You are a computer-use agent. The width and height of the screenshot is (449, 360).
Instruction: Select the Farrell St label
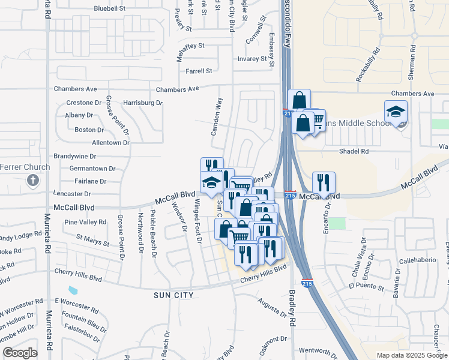coord(199,71)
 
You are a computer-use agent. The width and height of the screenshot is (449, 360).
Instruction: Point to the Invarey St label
coord(252,59)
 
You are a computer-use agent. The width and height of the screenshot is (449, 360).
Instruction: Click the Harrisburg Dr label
coord(143,103)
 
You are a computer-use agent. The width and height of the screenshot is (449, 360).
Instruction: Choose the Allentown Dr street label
coord(110,143)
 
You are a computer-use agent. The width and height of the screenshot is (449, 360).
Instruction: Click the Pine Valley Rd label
coord(85,222)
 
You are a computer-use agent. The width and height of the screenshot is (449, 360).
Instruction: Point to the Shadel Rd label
coord(354,152)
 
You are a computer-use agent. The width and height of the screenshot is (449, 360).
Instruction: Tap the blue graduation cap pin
coord(211,183)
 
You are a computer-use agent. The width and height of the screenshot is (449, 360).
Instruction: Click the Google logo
coord(20,353)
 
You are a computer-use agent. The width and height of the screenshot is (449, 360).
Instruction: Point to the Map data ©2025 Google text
coord(412,355)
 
